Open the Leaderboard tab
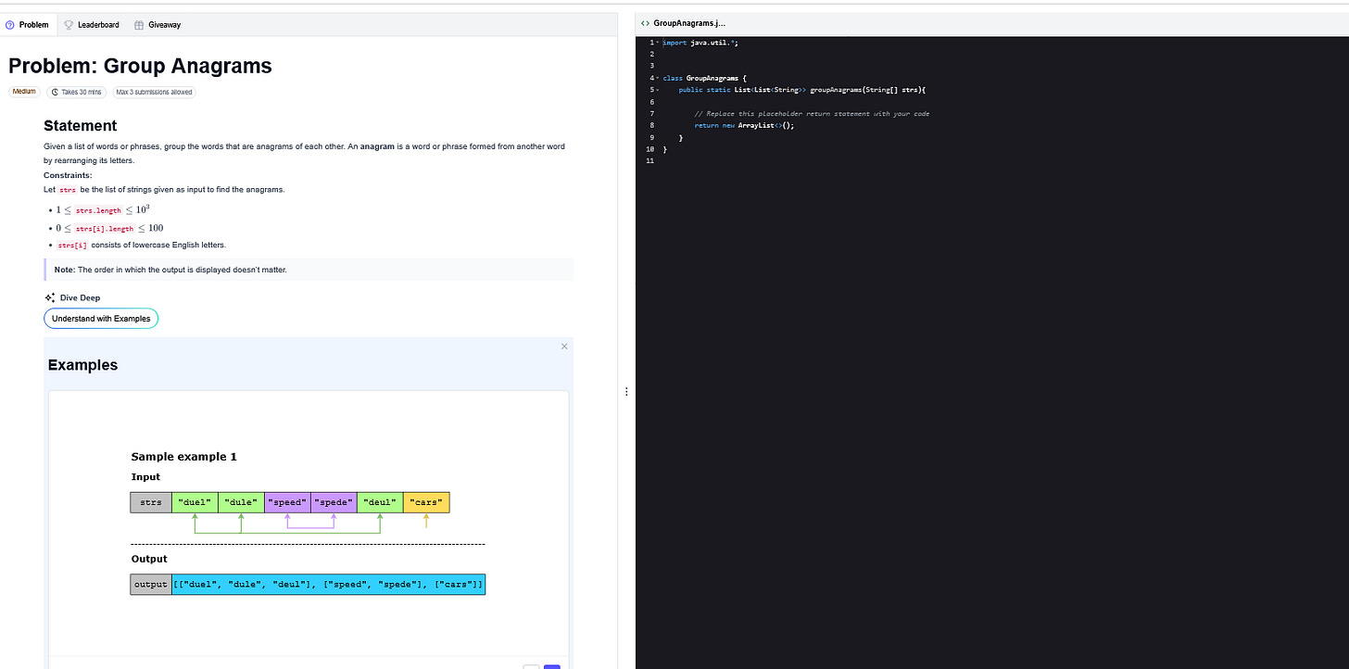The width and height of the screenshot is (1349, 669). click(x=92, y=25)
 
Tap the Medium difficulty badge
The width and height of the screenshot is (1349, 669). click(x=24, y=92)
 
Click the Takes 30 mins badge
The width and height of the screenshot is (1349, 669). click(x=76, y=92)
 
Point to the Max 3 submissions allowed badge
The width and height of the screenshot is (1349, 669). click(x=154, y=92)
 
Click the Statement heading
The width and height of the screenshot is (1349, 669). click(x=81, y=126)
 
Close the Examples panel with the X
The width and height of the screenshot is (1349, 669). click(x=564, y=347)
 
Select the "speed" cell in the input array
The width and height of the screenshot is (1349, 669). click(x=287, y=502)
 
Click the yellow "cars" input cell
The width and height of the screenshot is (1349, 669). click(x=426, y=502)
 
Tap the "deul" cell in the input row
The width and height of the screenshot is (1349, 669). click(x=380, y=502)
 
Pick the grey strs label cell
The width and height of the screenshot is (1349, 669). click(x=151, y=502)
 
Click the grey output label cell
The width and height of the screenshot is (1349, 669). click(x=151, y=585)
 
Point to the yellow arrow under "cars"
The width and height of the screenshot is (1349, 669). click(x=426, y=522)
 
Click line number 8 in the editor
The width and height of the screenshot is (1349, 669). click(x=651, y=125)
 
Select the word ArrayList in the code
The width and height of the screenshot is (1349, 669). click(x=755, y=125)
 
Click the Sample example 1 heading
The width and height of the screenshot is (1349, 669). click(x=183, y=457)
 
